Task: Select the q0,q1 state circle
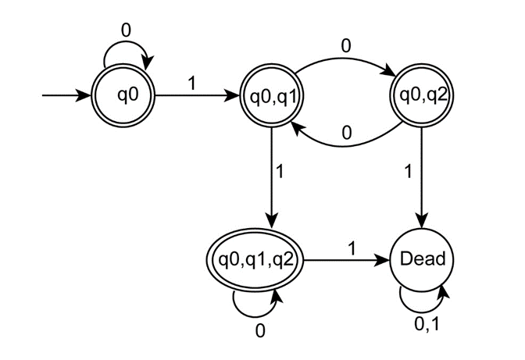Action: tap(270, 96)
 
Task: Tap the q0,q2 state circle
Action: tap(421, 96)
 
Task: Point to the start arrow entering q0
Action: tap(66, 96)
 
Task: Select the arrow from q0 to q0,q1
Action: tap(196, 96)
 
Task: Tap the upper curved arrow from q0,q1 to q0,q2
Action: tap(345, 56)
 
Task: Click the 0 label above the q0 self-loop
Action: tap(125, 30)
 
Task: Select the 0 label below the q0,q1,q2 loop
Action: tap(260, 330)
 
